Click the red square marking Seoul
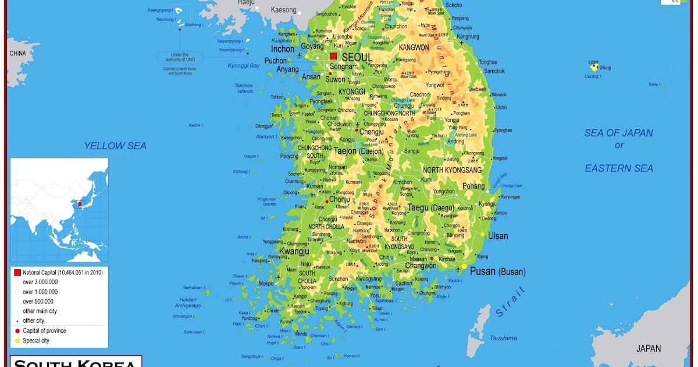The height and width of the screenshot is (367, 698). (333, 57)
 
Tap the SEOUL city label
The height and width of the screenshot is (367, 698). (357, 58)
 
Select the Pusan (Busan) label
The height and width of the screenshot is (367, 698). (497, 271)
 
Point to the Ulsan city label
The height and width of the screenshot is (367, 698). (497, 236)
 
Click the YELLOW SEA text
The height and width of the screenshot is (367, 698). (115, 146)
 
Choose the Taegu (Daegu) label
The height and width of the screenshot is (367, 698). (430, 207)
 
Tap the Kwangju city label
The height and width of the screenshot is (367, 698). (294, 251)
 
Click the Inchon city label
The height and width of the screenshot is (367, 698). (283, 49)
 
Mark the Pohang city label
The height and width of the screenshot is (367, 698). (473, 186)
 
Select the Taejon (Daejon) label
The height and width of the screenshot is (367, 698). (358, 151)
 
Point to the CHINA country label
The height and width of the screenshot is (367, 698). (17, 54)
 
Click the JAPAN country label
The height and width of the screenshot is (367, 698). (648, 348)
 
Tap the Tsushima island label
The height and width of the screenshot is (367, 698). (503, 338)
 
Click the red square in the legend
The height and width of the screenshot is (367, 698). (17, 272)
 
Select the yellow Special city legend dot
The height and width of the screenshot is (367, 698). (17, 341)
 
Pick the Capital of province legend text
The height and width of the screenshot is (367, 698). (44, 331)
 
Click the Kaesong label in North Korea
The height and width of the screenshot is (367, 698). (283, 10)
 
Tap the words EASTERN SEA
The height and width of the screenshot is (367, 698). (619, 168)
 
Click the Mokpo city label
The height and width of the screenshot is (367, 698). (266, 284)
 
